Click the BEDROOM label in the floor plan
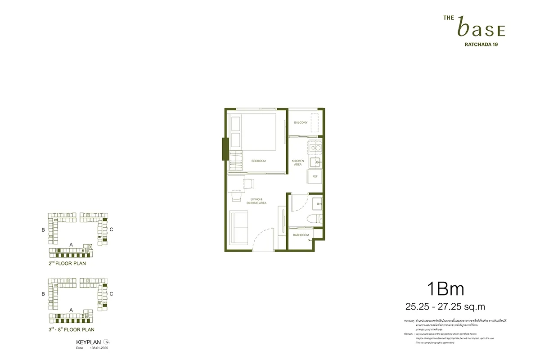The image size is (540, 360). [x=258, y=161]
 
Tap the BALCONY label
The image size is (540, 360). [x=301, y=122]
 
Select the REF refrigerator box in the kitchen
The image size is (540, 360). [x=315, y=176]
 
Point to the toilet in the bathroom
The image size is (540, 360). [x=316, y=219]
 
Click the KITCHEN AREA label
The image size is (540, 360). [x=298, y=162]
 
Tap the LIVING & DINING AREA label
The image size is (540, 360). [x=256, y=201]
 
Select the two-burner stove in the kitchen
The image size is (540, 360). [x=315, y=147]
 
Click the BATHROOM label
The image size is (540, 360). [x=301, y=235]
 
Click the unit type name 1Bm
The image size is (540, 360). [x=445, y=288]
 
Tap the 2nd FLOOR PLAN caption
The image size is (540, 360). [x=67, y=263]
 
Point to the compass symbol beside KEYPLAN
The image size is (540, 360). [x=106, y=342]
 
